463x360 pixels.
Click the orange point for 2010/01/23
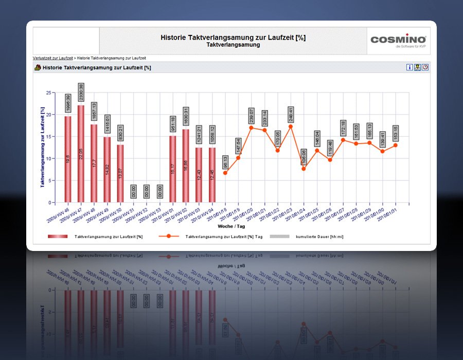[x=291, y=127]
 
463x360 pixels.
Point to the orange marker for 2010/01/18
[x=225, y=173]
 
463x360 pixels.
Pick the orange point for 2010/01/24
[x=304, y=169]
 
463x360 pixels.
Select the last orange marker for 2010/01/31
[x=395, y=145]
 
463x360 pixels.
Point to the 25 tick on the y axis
[x=48, y=93]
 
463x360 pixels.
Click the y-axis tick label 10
[x=48, y=159]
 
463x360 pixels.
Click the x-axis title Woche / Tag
[x=231, y=226]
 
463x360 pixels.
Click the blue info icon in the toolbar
[x=409, y=67]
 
